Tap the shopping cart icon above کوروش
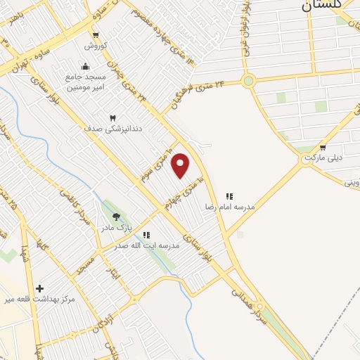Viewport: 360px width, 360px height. click(96, 34)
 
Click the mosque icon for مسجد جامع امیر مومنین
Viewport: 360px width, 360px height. click(86, 67)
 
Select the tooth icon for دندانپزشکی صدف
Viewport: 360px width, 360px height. click(112, 117)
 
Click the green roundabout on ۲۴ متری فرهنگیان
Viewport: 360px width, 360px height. click(247, 82)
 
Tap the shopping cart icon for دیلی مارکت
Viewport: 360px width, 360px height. click(323, 148)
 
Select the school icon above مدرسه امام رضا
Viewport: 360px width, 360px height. click(229, 196)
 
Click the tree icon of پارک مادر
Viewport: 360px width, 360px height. click(116, 217)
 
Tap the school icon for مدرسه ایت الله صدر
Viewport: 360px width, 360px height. click(146, 235)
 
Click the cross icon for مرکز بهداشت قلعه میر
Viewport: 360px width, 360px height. click(39, 288)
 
